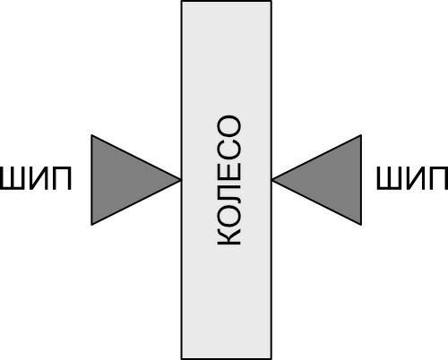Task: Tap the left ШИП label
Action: tap(36, 178)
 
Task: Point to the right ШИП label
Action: tap(412, 178)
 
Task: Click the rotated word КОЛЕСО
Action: tap(229, 180)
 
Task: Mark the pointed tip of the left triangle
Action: tap(181, 180)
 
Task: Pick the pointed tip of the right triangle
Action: tap(272, 180)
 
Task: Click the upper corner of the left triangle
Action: tap(91, 135)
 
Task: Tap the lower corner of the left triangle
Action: tap(91, 225)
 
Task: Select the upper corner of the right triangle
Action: tap(361, 135)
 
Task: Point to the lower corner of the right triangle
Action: tap(361, 225)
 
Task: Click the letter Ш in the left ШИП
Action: tap(12, 178)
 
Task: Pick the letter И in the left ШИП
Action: tap(39, 178)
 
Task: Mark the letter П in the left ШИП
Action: tap(63, 178)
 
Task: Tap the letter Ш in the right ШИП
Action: tap(389, 178)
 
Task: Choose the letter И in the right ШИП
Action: tap(416, 178)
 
